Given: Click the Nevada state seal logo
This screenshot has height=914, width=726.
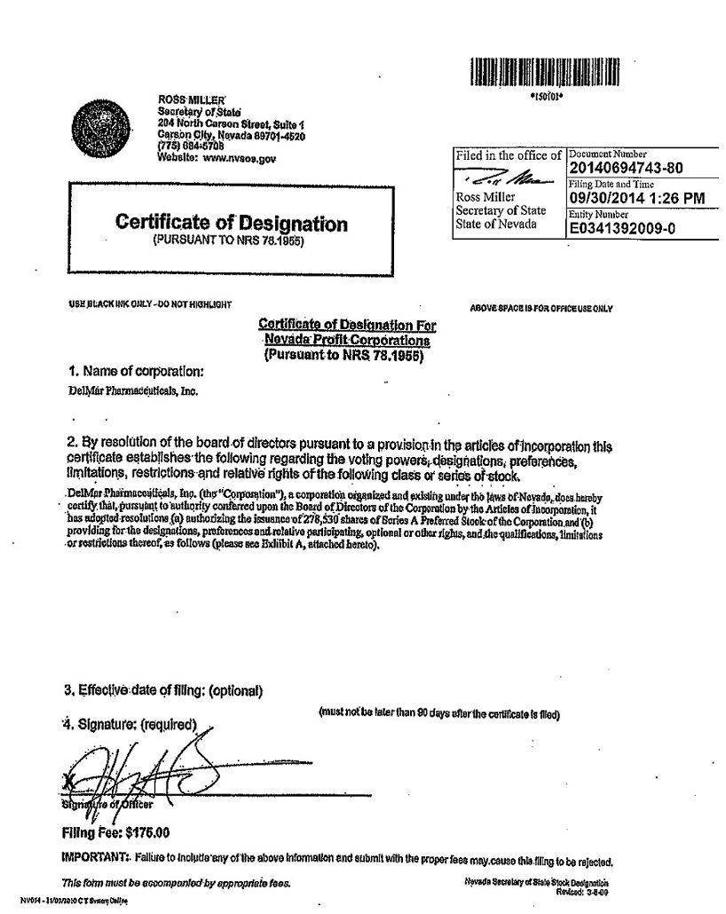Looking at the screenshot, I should pos(99,123).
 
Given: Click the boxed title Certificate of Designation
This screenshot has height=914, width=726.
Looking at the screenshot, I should pos(232,224).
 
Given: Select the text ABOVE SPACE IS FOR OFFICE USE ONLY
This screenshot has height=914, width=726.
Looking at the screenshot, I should pos(541,308).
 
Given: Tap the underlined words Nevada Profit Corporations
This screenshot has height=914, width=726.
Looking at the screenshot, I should pos(346,341).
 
